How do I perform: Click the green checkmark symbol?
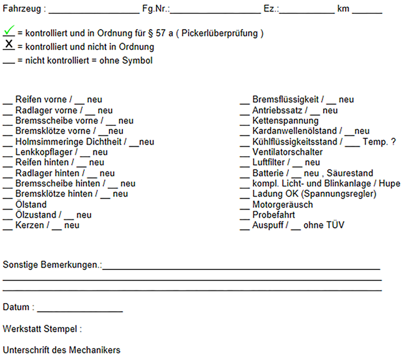[9, 31]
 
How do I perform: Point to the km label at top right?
[342, 10]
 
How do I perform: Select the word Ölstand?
[31, 204]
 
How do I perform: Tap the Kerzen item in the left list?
[30, 225]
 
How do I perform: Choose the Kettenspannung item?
[285, 121]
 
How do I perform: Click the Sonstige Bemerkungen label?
[52, 265]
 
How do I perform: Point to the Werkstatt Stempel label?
[42, 329]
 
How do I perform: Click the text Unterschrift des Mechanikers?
[61, 350]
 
